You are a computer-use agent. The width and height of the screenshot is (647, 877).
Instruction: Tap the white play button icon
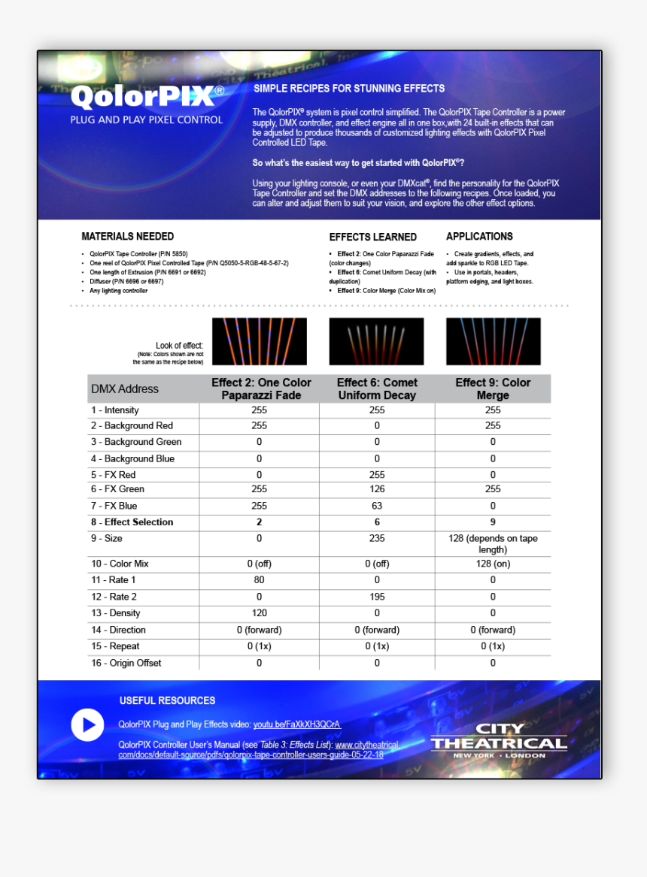[x=87, y=725]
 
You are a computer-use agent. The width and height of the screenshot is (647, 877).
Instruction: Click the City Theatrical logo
[x=499, y=740]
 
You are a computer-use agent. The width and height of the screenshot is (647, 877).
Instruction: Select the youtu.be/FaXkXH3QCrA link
[x=296, y=724]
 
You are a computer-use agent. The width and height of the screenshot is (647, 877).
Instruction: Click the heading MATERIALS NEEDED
[x=127, y=236]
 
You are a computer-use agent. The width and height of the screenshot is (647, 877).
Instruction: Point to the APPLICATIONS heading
[x=479, y=236]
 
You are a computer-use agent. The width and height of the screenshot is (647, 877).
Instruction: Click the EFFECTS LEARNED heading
[x=372, y=237]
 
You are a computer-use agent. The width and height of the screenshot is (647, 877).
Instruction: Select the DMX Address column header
[x=125, y=389]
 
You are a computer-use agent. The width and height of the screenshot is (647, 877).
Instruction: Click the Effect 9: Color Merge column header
[x=493, y=389]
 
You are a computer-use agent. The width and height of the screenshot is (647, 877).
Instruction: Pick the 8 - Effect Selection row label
[x=132, y=522]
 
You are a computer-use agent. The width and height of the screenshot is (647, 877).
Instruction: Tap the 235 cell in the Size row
[x=377, y=538]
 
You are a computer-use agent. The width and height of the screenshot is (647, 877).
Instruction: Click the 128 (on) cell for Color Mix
[x=493, y=564]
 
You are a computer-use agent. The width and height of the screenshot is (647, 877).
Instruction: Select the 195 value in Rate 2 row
[x=377, y=597]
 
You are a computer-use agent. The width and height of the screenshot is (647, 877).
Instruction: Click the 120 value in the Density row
[x=259, y=613]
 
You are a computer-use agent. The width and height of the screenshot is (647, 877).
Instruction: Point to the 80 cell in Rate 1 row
[x=259, y=580]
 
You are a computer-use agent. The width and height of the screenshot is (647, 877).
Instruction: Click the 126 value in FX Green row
[x=377, y=489]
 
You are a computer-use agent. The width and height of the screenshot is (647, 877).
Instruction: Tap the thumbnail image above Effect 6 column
[x=376, y=341]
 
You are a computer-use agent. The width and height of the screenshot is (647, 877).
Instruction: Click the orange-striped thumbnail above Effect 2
[x=259, y=341]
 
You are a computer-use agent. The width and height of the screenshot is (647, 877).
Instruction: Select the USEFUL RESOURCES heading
[x=167, y=700]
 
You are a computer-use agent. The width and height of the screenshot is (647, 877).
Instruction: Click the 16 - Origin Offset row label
[x=126, y=663]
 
